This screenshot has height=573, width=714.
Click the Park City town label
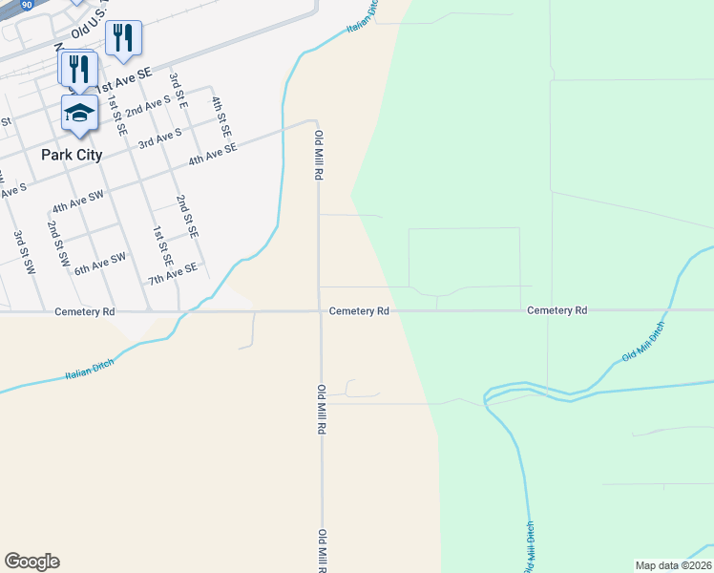point(72,154)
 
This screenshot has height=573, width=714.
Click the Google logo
point(31,562)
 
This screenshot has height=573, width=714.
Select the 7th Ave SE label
point(172,274)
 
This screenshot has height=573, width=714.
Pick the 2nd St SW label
point(58,244)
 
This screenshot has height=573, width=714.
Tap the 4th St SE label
point(221,117)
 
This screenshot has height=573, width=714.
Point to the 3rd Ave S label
point(159,139)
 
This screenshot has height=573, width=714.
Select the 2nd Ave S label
point(148,106)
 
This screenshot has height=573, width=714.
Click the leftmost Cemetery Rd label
point(85,311)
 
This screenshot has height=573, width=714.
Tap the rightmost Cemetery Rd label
point(556,310)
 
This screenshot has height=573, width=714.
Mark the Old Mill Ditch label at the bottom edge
point(529,546)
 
